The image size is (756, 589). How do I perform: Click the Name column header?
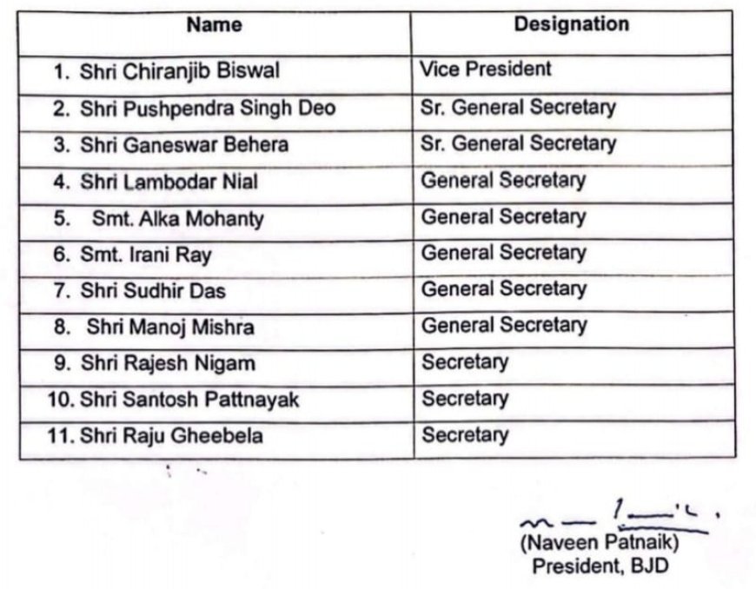coord(215,25)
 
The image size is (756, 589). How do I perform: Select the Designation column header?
coord(571,24)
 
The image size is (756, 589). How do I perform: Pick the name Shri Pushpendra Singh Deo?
coord(209,109)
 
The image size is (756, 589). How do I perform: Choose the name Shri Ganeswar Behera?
coord(184,144)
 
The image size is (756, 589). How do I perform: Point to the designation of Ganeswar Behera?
coord(518,142)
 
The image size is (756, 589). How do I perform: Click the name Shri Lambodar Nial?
coord(169,182)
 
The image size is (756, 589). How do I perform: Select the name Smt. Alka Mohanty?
coord(176,219)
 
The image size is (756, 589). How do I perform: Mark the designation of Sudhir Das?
coord(504,288)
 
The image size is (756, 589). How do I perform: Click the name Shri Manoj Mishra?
coord(170,327)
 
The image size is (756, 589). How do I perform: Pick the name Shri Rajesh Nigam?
coord(168,363)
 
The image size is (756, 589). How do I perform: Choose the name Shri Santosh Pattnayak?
coord(190,400)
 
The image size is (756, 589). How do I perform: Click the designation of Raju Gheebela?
coord(465,434)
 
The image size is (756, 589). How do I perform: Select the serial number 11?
coord(60,436)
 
